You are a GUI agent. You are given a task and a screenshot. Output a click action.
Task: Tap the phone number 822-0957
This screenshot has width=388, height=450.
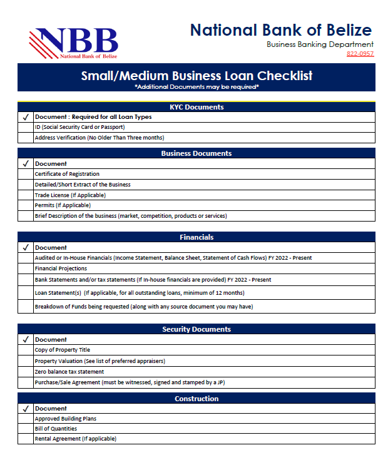[x=360, y=54]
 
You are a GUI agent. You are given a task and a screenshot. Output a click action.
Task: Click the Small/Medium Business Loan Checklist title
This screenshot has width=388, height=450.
[x=197, y=76]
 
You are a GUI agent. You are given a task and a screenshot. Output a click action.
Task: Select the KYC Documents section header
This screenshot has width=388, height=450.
[x=197, y=107]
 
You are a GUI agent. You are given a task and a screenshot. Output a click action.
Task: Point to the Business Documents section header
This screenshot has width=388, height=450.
[x=197, y=153]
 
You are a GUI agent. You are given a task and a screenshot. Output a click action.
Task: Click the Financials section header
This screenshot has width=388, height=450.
[x=197, y=237]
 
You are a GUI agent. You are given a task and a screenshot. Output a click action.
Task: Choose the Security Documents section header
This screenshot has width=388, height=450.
[x=197, y=329]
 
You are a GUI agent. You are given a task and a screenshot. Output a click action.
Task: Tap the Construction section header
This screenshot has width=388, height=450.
[x=197, y=399]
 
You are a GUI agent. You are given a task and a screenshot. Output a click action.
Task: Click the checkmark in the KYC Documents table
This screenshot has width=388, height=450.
[x=26, y=117]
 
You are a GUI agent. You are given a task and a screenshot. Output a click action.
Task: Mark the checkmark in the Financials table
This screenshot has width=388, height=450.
[x=26, y=247]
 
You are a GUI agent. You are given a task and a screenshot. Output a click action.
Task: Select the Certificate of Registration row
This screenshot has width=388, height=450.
[x=67, y=174]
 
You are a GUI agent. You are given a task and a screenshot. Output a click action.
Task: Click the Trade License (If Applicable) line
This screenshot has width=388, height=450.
[x=70, y=195]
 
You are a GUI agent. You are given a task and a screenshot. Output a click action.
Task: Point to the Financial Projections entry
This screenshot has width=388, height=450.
[x=61, y=268]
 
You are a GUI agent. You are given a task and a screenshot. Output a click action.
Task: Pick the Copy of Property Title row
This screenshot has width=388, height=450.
[x=62, y=350]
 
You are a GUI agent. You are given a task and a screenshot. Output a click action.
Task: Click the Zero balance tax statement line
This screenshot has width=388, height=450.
[x=69, y=371]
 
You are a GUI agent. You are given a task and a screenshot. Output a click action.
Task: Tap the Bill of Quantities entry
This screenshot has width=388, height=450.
[x=56, y=429]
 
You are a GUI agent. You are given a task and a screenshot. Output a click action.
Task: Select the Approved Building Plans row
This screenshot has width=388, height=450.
[x=65, y=419]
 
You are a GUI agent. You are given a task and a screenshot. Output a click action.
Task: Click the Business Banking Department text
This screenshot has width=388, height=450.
[x=320, y=44]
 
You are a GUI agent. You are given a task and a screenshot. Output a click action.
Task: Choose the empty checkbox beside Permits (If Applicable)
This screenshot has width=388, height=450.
[x=26, y=205]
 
